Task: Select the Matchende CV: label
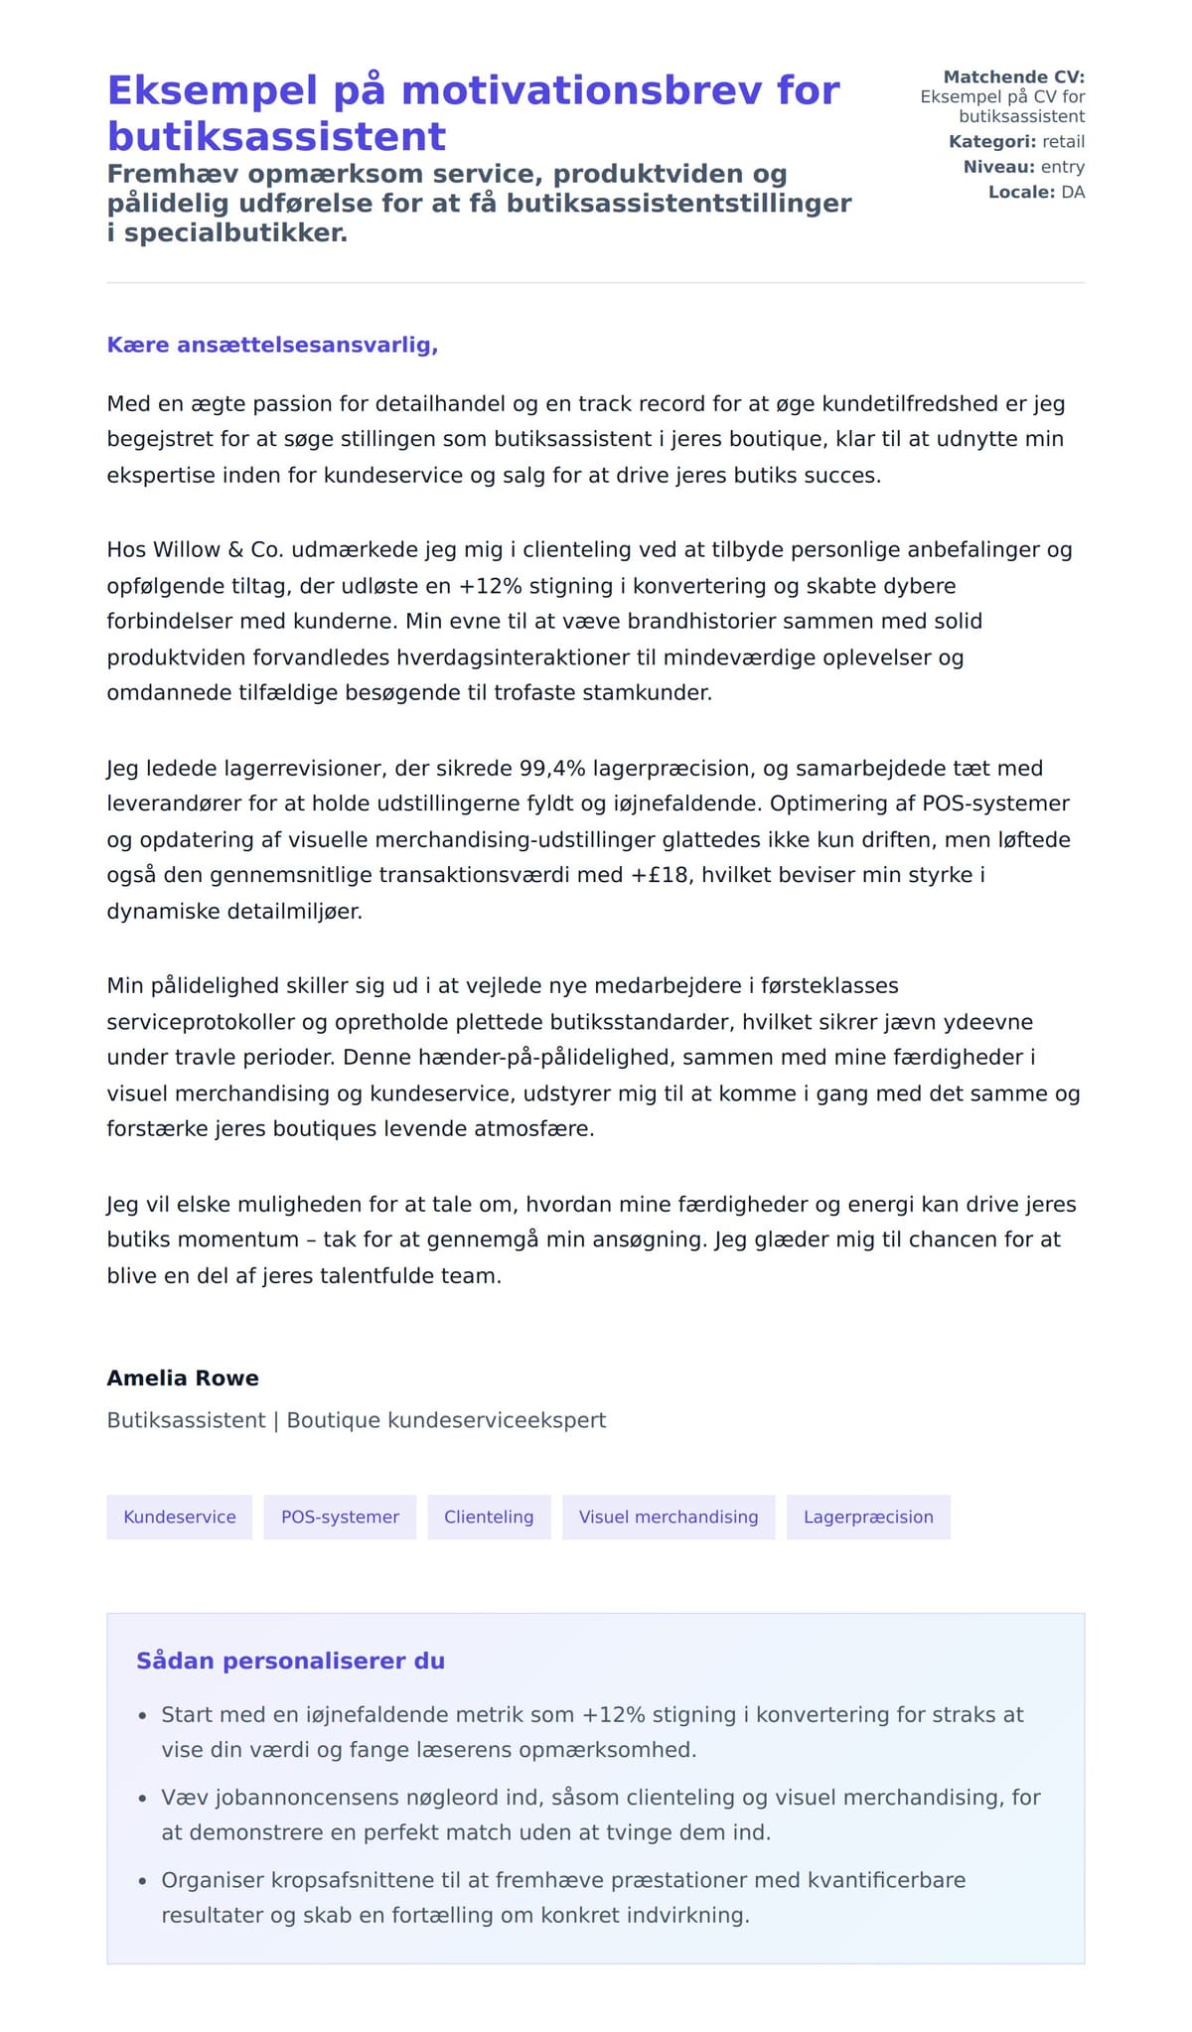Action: coord(1013,77)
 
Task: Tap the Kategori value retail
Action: coord(1063,142)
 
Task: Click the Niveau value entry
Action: coord(1062,167)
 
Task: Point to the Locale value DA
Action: coord(1073,192)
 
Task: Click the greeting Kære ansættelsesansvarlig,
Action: coord(272,345)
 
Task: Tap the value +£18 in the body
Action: coord(660,875)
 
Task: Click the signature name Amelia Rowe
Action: coord(183,1378)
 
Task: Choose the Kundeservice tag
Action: coord(180,1517)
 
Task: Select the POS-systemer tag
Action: coord(340,1517)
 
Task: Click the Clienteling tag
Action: coord(489,1517)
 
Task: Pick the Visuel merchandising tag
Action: coord(669,1517)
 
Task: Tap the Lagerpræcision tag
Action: coord(868,1517)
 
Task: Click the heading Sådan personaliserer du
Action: coord(290,1661)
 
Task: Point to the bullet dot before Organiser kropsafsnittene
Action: coord(142,1881)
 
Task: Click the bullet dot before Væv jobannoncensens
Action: coord(142,1799)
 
